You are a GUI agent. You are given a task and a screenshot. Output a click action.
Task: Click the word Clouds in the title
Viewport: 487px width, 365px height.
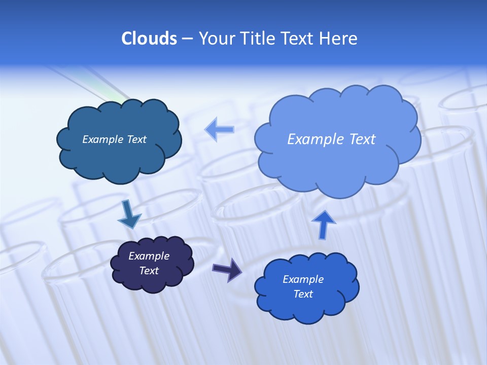click(149, 39)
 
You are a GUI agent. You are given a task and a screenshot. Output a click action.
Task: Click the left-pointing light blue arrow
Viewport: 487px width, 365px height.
click(220, 130)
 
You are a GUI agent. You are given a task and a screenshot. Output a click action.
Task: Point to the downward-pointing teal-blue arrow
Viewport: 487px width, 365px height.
click(129, 214)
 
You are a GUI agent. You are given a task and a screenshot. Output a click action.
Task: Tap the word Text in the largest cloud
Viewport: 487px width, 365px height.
click(363, 139)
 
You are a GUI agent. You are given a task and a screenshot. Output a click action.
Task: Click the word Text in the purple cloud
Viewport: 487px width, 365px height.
click(149, 271)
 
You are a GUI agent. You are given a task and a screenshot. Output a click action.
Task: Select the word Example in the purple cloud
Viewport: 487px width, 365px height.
click(149, 256)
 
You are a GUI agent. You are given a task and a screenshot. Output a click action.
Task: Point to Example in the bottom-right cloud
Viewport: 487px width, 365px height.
click(303, 279)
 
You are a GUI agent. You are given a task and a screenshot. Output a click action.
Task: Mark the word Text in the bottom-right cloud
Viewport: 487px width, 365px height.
click(303, 294)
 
